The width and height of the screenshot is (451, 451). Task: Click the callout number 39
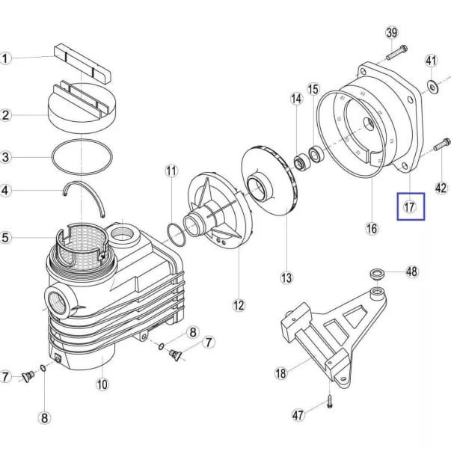(392, 33)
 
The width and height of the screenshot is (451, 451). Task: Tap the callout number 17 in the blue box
(410, 207)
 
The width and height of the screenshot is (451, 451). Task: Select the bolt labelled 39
(396, 52)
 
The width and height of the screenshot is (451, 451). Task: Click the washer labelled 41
(432, 87)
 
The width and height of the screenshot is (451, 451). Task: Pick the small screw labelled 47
(330, 402)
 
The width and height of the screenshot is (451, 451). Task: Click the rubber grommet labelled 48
(377, 274)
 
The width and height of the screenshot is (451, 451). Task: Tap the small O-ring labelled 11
(176, 234)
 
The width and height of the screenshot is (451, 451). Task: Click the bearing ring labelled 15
(316, 154)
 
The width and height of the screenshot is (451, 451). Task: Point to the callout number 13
(286, 277)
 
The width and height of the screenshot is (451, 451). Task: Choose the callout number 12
(239, 305)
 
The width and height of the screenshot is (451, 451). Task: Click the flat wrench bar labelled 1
(82, 64)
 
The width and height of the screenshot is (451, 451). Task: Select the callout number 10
(102, 384)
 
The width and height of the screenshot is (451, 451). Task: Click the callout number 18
(280, 373)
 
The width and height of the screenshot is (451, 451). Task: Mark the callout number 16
(372, 229)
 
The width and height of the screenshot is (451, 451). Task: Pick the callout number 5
(5, 238)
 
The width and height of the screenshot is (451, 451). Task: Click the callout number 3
(5, 157)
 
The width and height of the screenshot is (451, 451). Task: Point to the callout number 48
(412, 271)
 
